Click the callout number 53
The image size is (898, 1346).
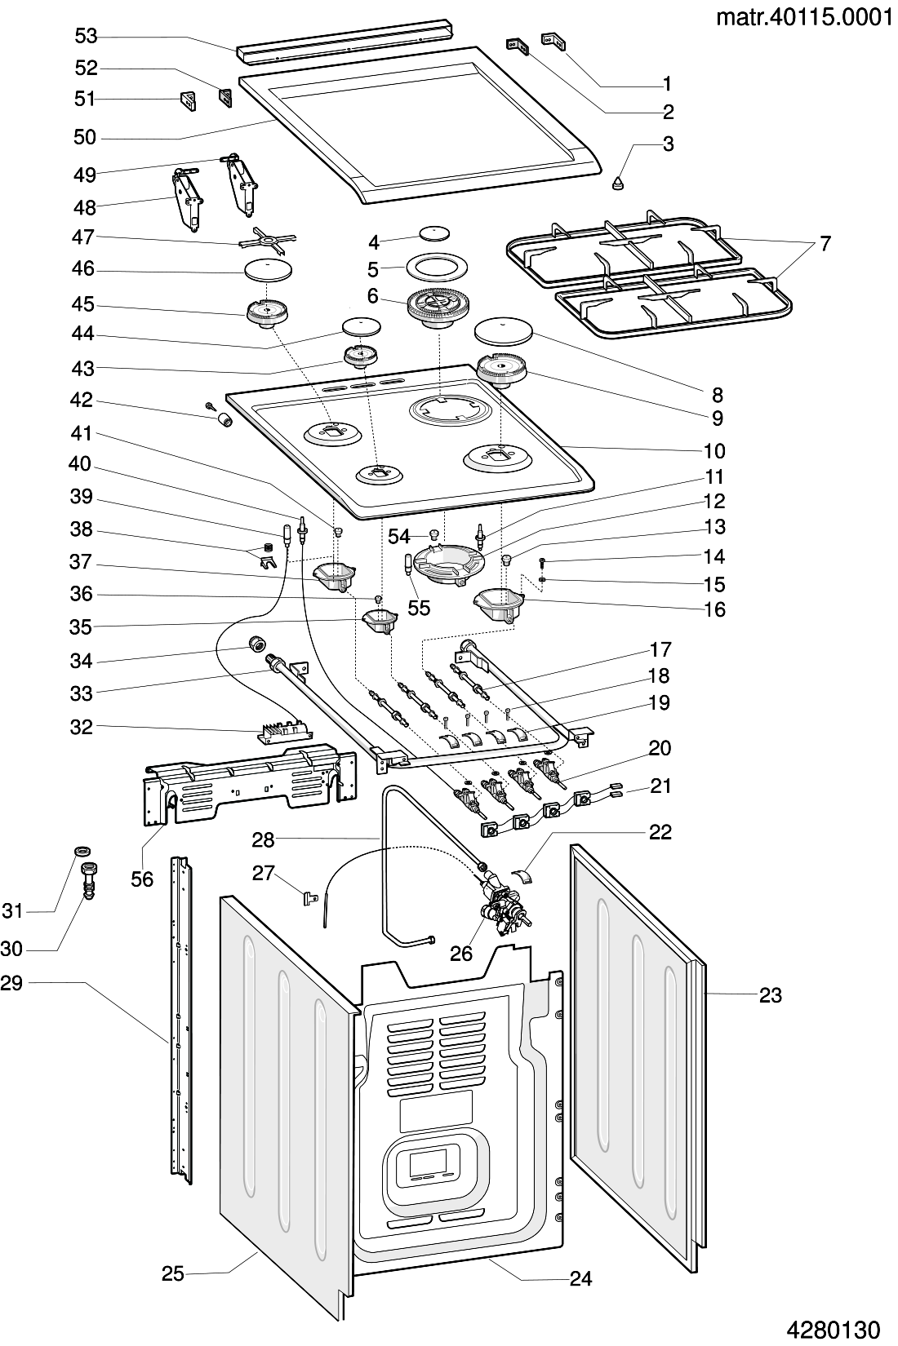click(86, 36)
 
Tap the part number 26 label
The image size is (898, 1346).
click(461, 953)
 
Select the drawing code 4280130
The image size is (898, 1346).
click(834, 1331)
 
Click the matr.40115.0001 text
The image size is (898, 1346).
click(803, 17)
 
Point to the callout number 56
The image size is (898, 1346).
click(142, 879)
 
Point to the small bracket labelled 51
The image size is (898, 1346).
click(189, 101)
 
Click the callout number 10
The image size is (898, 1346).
click(714, 450)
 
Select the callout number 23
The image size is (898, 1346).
click(770, 994)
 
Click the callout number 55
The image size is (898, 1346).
click(419, 608)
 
